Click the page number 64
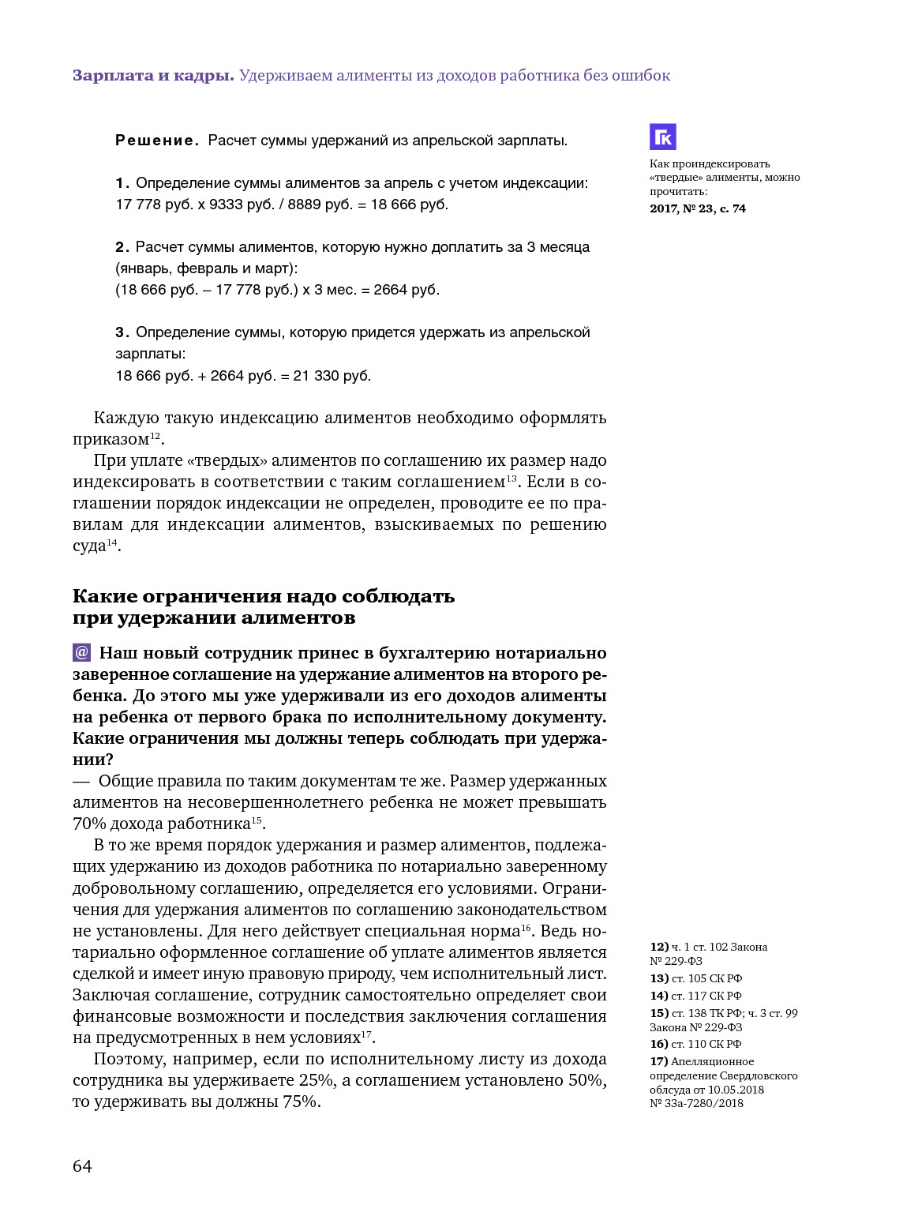point(82,1166)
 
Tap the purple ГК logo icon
point(663,137)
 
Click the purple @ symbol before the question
point(82,653)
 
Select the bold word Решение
point(156,141)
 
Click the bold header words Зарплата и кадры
point(153,76)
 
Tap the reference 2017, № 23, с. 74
point(698,208)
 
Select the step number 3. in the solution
point(122,332)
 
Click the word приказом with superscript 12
point(111,440)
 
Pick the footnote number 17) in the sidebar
point(659,1061)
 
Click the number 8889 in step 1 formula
point(303,205)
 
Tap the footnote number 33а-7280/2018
point(703,1103)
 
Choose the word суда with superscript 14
point(89,546)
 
